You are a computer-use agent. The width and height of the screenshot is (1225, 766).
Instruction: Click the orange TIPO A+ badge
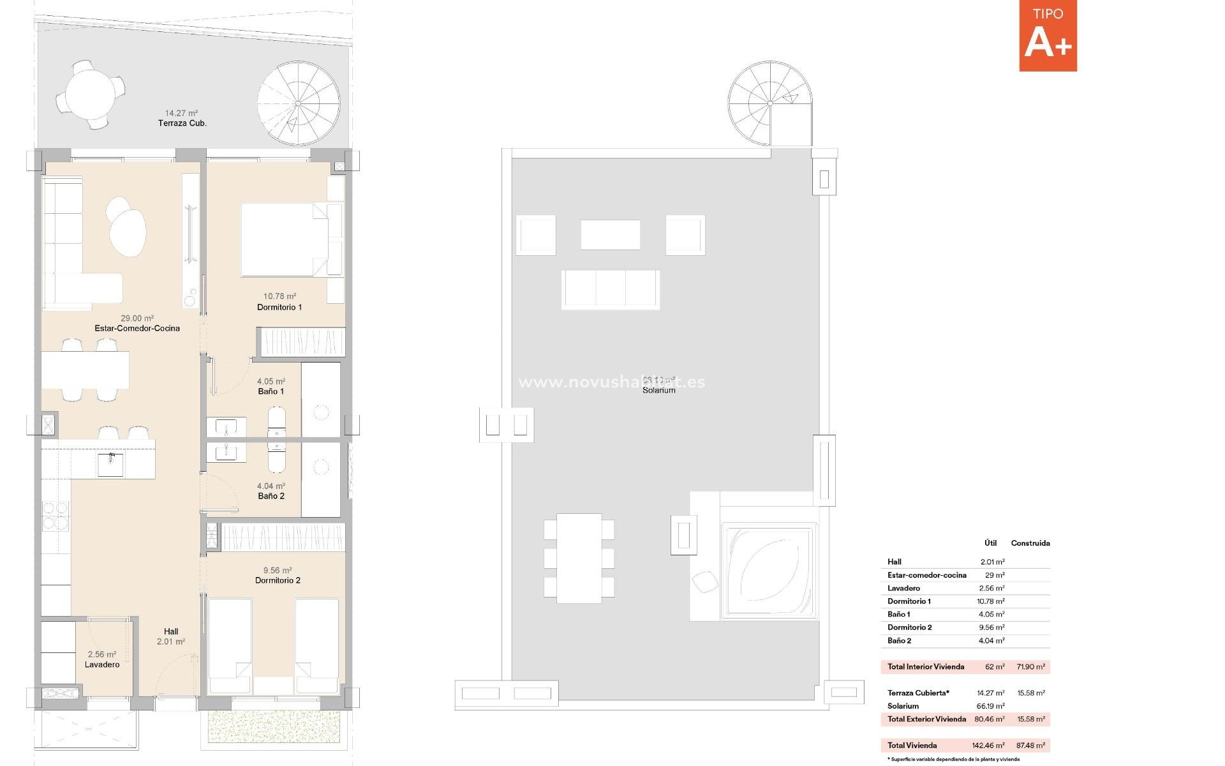[1048, 36]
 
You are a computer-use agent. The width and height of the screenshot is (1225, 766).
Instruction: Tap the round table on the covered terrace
[90, 94]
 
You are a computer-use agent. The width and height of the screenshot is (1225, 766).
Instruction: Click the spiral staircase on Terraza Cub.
[298, 103]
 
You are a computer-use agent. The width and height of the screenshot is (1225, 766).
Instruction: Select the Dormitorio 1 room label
[279, 307]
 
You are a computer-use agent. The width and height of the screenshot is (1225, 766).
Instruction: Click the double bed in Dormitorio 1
[284, 239]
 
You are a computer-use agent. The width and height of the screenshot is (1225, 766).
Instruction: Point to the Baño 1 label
[271, 391]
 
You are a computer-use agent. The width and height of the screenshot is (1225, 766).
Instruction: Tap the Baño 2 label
[271, 496]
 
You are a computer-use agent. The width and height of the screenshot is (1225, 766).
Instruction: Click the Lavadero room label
[102, 665]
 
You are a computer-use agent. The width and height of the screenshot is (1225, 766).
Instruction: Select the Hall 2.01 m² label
[170, 636]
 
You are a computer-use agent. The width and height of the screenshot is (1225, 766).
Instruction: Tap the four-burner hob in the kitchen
[56, 516]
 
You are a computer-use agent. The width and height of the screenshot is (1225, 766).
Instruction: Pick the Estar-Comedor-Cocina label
[137, 328]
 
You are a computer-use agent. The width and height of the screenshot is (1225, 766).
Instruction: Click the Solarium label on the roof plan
[658, 390]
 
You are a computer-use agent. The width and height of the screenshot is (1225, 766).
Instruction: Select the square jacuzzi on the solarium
[769, 571]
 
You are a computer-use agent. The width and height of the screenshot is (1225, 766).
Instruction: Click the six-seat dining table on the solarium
[579, 558]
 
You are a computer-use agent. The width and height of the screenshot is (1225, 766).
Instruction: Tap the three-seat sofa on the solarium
[610, 289]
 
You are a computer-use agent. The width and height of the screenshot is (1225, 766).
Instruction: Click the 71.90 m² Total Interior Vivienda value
[1030, 666]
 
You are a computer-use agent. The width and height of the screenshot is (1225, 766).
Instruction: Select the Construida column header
[1030, 543]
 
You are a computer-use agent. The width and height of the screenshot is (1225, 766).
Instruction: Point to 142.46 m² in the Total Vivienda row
[988, 745]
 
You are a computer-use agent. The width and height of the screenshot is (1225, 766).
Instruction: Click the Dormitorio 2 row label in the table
[909, 627]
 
